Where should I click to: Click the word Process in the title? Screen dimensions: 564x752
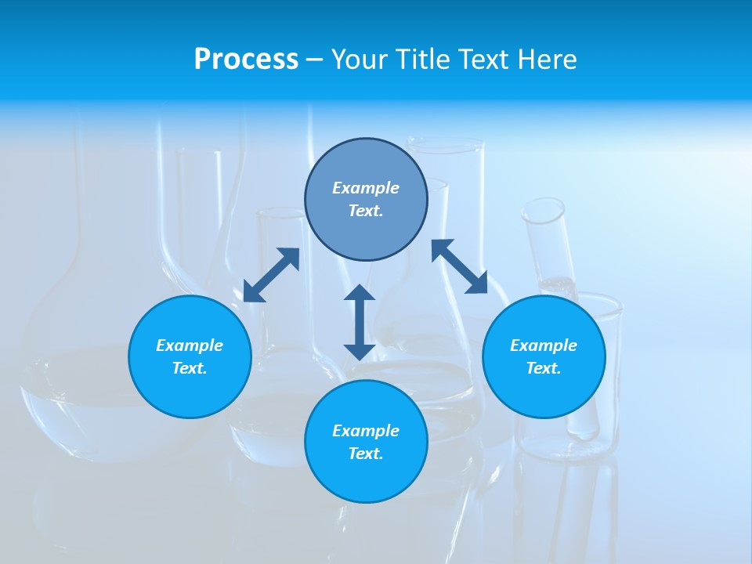tap(246, 59)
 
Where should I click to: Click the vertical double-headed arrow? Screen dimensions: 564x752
tap(360, 322)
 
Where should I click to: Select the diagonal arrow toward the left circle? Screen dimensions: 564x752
tap(271, 275)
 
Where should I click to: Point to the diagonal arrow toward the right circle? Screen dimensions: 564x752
tap(460, 266)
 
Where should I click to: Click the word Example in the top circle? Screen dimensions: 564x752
tap(366, 188)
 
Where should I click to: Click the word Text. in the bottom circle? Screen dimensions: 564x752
tap(366, 454)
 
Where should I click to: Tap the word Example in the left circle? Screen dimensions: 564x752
tap(190, 345)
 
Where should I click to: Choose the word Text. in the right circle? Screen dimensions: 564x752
tap(544, 368)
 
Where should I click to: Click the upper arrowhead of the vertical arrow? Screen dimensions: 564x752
tap(360, 293)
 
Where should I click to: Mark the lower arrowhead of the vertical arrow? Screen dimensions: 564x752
tap(360, 351)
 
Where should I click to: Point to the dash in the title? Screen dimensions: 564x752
tap(314, 60)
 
